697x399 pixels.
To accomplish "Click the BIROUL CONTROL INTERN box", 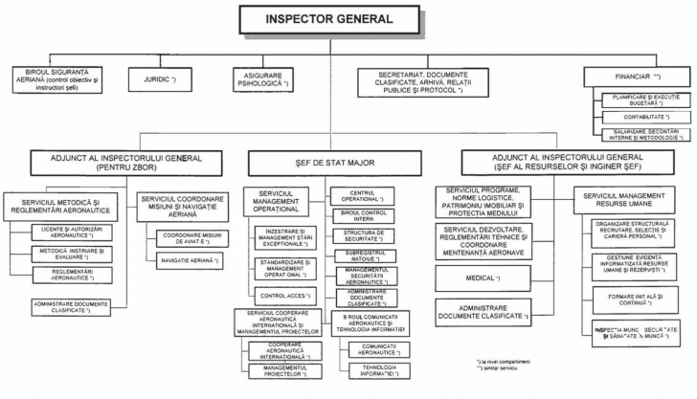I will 359,216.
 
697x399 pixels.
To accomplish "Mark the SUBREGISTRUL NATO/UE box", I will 359,255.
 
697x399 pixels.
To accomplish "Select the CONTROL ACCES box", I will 282,295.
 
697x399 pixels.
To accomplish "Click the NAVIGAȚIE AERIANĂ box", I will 191,259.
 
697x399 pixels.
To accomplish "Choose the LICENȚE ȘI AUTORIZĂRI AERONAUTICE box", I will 70,232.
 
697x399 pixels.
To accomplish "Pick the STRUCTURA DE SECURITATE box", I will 359,235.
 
